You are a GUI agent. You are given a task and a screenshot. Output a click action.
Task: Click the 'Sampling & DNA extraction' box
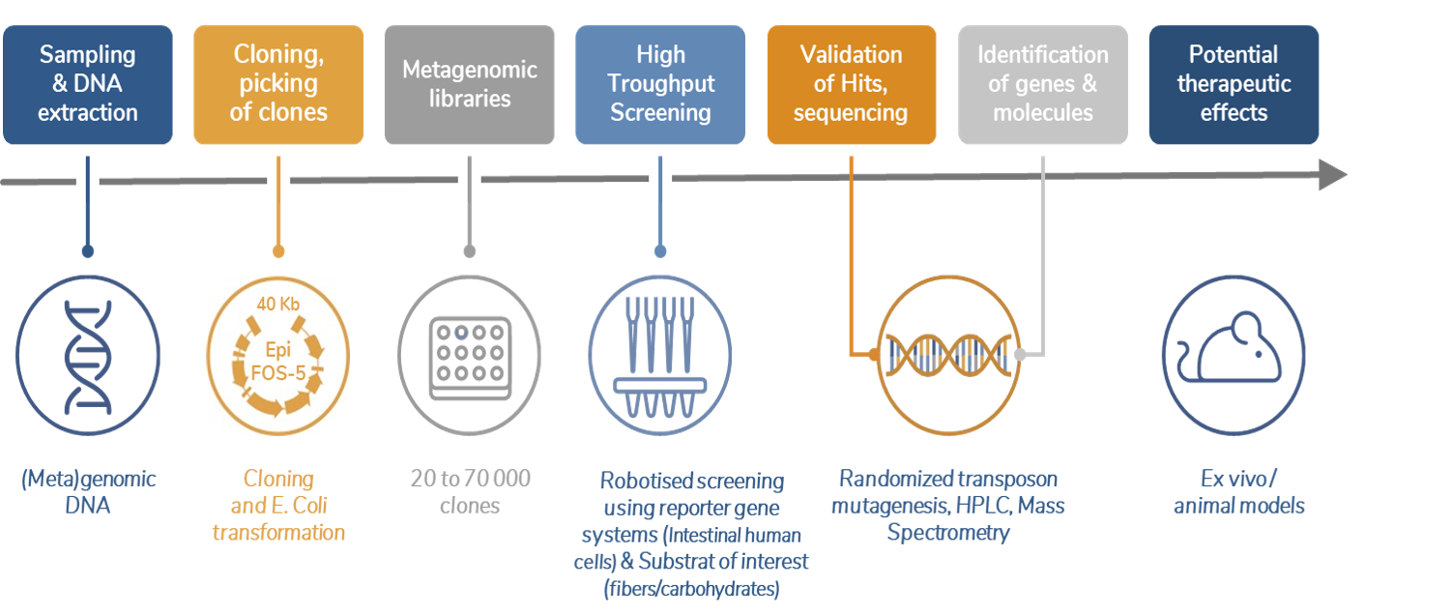click(88, 85)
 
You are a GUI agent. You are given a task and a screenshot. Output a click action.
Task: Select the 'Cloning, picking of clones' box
click(278, 85)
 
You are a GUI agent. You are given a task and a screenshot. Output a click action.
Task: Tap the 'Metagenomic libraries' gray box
click(469, 85)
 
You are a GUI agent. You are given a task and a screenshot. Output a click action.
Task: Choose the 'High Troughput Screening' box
click(660, 85)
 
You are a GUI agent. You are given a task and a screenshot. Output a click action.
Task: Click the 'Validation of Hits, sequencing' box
click(851, 85)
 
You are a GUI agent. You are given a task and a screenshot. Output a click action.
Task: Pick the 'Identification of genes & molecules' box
click(1042, 85)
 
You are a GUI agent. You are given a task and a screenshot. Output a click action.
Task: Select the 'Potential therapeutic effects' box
click(1233, 85)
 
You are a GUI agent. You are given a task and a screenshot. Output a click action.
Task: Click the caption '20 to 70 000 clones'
click(469, 492)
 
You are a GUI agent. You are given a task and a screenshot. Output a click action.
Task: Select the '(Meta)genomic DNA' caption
click(88, 491)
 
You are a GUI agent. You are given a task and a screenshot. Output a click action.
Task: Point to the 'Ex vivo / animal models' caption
click(1238, 491)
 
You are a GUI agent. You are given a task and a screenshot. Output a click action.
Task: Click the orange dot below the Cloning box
click(278, 251)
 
